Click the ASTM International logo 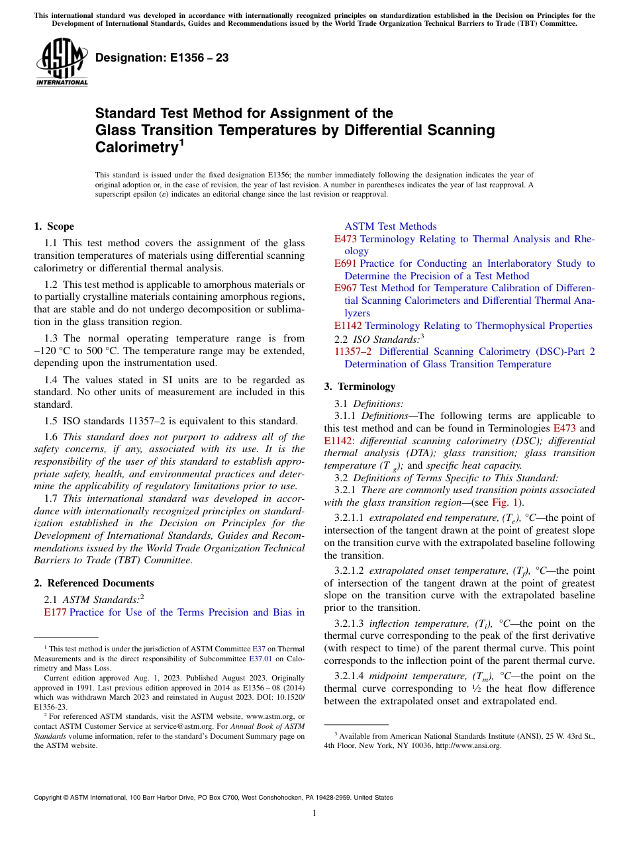61,63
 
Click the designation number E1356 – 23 162,58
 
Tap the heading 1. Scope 54,226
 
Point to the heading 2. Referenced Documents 93,583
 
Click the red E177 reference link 55,612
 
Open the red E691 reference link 346,263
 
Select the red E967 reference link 346,289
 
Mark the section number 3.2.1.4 352,676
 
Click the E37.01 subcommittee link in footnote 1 259,659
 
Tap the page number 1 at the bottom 314,813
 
